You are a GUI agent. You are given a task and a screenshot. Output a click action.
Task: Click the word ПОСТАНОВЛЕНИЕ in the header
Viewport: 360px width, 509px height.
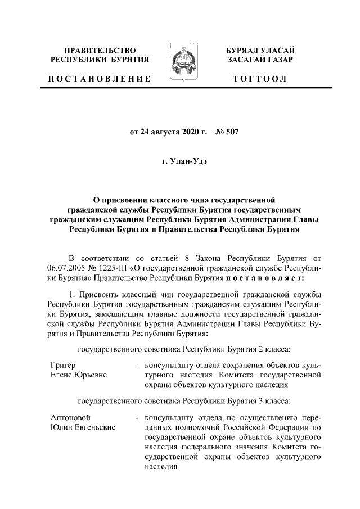pos(99,79)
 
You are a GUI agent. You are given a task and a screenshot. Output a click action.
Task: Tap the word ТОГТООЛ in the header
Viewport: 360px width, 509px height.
pos(260,79)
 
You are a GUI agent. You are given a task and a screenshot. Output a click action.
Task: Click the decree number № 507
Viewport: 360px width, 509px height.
pos(228,133)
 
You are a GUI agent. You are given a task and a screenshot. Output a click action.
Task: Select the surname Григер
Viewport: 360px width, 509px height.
pos(63,365)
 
